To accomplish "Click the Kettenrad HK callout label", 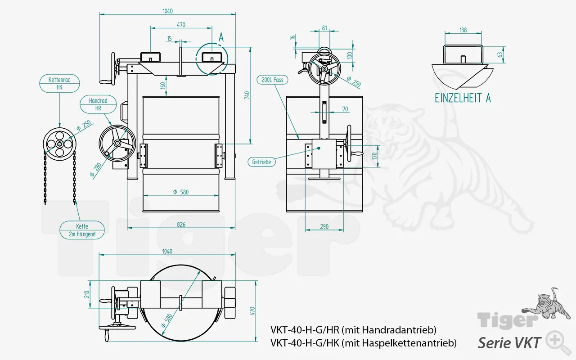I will point(59,84).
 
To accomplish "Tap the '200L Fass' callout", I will point(272,80).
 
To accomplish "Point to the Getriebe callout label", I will point(261,162).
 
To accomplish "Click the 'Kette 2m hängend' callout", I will point(82,230).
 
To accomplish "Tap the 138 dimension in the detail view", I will point(463,30).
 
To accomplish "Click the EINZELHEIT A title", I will point(463,98).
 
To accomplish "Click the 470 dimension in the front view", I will point(180,25).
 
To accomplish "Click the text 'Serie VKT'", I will point(509,343).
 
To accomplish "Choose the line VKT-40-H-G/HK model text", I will point(363,343).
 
